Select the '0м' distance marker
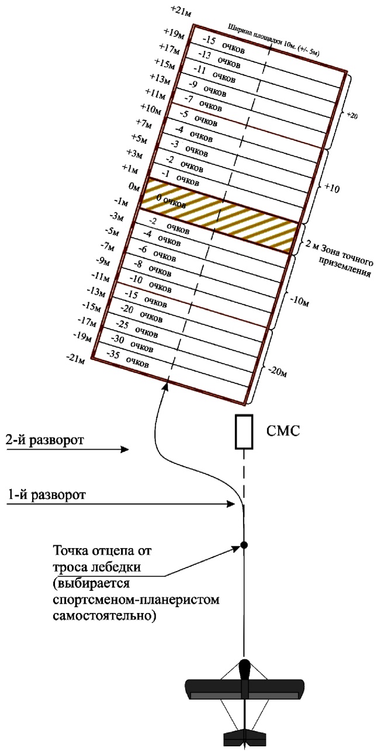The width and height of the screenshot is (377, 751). point(134,187)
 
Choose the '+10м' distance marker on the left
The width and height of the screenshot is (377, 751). point(150,109)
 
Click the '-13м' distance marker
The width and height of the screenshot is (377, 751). point(96,291)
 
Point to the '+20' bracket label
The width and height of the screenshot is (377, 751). point(352,116)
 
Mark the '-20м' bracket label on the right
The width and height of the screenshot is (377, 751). point(279,372)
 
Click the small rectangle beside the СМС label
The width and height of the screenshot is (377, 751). point(244,432)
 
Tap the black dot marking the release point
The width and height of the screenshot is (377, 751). point(244,545)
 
